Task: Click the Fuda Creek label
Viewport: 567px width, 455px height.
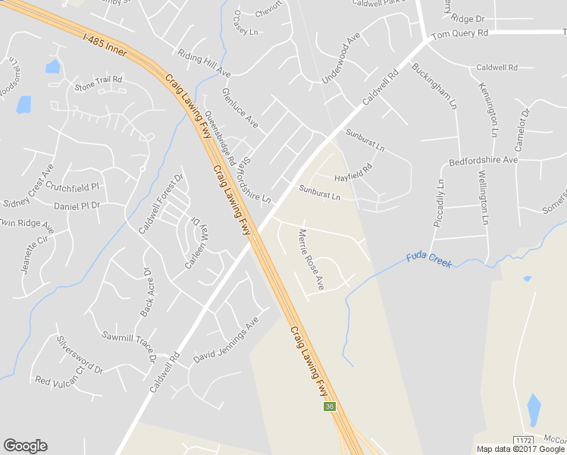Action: (x=429, y=259)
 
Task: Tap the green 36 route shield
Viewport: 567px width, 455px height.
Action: (x=330, y=407)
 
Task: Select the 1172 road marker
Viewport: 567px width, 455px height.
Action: (x=522, y=441)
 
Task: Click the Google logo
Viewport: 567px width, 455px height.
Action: (x=25, y=446)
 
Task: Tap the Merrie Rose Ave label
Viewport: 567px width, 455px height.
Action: (x=311, y=259)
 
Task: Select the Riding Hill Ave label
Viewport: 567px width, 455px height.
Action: (x=202, y=63)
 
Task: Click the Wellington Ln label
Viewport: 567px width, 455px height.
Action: (x=482, y=198)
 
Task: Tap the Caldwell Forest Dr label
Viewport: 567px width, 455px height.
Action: (x=161, y=204)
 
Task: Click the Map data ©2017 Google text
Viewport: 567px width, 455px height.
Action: (x=521, y=449)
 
